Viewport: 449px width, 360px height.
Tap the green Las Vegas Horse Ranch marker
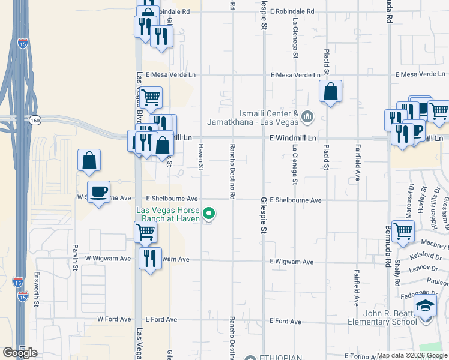pos(209,213)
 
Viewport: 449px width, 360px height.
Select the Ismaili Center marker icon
pos(307,116)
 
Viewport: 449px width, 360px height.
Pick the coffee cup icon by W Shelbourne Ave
pos(99,192)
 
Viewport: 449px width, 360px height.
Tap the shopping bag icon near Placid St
pos(330,92)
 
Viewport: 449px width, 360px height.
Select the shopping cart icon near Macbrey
pos(403,230)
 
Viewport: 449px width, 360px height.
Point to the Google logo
pos(20,353)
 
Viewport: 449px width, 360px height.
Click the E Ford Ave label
pos(286,322)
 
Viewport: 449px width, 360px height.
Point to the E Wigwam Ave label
pos(292,262)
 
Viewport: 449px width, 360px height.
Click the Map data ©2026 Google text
pos(411,355)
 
